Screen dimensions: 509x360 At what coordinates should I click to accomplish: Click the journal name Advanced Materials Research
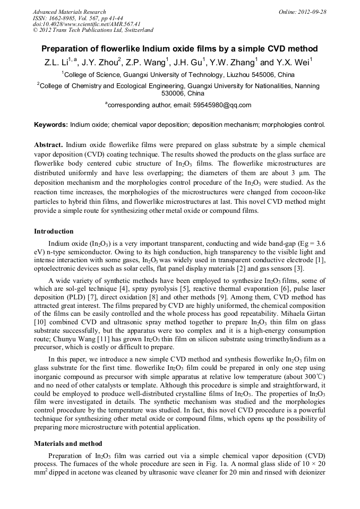pos(69,12)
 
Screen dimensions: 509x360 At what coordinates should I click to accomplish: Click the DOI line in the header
pos(87,24)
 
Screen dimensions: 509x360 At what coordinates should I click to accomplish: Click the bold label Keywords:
pos(51,125)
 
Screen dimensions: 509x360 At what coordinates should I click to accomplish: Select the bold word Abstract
pos(49,145)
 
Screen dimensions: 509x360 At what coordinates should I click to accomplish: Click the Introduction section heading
pos(54,231)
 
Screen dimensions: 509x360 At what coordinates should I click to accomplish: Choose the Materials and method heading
pos(68,443)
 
